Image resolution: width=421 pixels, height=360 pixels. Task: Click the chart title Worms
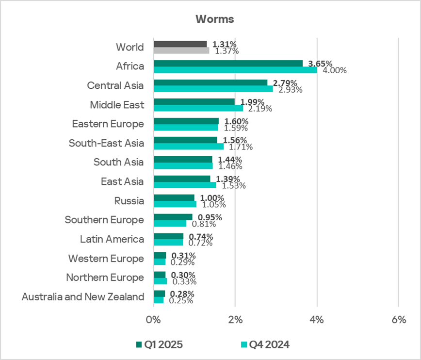[214, 19]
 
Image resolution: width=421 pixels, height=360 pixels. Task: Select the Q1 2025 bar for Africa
[228, 64]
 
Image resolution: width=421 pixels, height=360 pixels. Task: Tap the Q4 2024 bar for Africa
[235, 70]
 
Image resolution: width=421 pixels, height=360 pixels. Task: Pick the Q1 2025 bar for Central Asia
[210, 82]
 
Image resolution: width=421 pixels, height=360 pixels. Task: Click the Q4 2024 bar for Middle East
[198, 108]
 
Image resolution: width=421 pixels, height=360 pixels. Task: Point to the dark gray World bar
[180, 44]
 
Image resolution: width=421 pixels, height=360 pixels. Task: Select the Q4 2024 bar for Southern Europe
[170, 224]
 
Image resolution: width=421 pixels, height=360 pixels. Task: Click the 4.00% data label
[335, 70]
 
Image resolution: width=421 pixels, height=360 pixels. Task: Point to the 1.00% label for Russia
[212, 198]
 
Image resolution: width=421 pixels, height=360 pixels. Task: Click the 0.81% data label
[200, 224]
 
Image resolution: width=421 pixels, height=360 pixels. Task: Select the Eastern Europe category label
[108, 124]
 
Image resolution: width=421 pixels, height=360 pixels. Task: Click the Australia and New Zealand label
[83, 297]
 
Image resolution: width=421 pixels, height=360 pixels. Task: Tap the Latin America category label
[112, 239]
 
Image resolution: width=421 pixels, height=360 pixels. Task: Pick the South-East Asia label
[106, 143]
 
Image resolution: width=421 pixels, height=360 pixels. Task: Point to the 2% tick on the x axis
[235, 320]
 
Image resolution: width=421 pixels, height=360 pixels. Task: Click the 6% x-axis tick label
[398, 320]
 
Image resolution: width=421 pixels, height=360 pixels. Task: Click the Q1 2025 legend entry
[161, 344]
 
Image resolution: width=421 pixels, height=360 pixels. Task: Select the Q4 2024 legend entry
[267, 344]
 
